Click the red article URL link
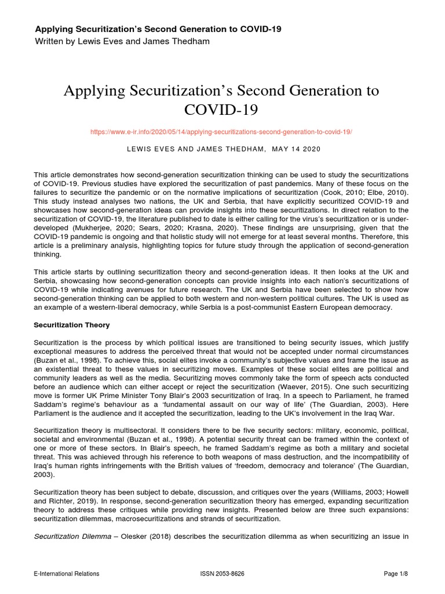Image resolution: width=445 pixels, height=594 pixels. point(221,132)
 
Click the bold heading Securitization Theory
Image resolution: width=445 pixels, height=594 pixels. point(72,325)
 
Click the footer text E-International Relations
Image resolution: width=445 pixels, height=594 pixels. point(66,574)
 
